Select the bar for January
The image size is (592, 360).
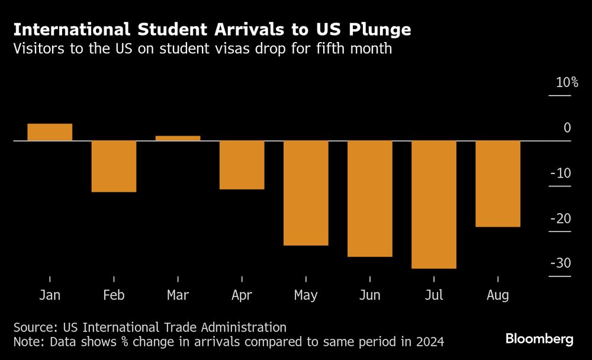pyautogui.click(x=50, y=132)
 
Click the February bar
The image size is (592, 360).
pyautogui.click(x=114, y=166)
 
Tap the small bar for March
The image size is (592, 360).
pyautogui.click(x=178, y=138)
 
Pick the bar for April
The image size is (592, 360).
pyautogui.click(x=242, y=165)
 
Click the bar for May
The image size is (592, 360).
pyautogui.click(x=306, y=193)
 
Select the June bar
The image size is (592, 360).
pyautogui.click(x=370, y=198)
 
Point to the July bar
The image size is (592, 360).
pyautogui.click(x=434, y=204)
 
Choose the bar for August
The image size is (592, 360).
pyautogui.click(x=498, y=184)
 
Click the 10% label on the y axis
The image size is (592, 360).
pyautogui.click(x=567, y=83)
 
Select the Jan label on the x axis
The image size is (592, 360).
pyautogui.click(x=50, y=295)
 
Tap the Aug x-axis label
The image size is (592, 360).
pyautogui.click(x=498, y=295)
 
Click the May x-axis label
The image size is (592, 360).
pyautogui.click(x=306, y=295)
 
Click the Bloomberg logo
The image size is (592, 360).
pyautogui.click(x=539, y=339)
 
